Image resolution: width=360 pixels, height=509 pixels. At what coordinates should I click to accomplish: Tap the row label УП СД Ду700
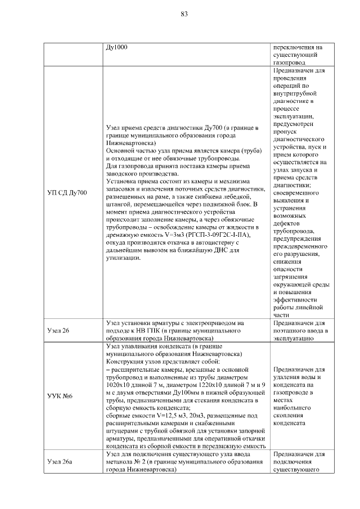click(66, 193)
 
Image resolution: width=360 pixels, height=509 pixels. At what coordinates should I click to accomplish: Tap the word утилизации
click(123, 258)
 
